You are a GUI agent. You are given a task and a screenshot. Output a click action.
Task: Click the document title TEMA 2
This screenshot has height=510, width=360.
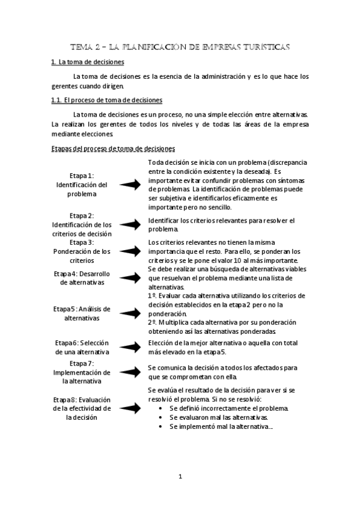pos(180,46)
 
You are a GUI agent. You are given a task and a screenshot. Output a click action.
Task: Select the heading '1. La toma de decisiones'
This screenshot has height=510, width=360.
pos(87,63)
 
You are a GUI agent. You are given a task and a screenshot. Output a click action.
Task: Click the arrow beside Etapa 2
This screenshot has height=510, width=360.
pos(130,224)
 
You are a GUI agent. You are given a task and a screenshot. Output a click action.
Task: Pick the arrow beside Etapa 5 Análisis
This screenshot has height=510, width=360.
pos(130,313)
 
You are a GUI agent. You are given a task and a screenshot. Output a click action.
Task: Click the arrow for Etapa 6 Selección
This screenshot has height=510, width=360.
pos(130,347)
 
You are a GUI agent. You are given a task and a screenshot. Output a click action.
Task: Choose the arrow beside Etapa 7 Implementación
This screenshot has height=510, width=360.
pos(130,372)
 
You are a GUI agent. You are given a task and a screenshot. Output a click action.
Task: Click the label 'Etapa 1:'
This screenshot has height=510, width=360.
pos(82,175)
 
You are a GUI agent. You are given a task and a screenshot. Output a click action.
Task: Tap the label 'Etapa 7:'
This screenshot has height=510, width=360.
pos(82,363)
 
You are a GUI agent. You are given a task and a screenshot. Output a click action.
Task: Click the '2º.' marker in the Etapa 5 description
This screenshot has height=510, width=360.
pos(153,322)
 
